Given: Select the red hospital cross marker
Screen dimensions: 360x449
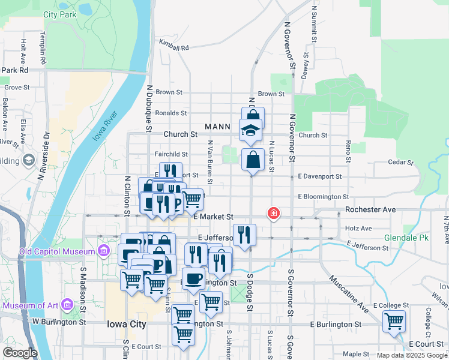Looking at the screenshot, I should pos(274,213).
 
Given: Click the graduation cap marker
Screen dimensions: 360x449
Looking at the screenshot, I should pos(250,130).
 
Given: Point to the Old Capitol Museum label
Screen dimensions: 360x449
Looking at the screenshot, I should pos(52,250).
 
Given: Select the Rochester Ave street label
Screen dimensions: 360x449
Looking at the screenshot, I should pos(370,210).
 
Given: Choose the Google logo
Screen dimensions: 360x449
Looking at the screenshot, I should pos(20,353).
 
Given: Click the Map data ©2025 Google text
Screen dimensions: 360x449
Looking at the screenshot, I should pos(411,355).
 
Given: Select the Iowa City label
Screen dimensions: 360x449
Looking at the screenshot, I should pos(126,324).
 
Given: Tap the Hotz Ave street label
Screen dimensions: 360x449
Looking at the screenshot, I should pos(358,229).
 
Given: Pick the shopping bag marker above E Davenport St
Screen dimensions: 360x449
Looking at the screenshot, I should pos(253,160).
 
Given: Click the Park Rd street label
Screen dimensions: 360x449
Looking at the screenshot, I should pos(15,70).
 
